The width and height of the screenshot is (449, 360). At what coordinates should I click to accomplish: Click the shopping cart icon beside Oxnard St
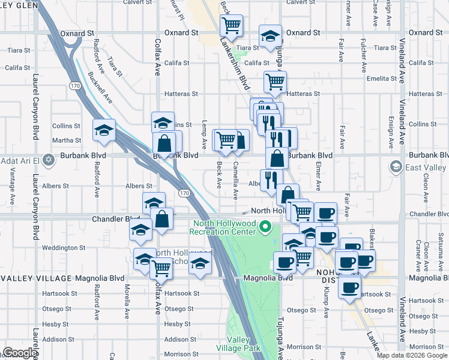231,25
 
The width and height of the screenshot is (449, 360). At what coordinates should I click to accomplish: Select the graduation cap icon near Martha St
104,130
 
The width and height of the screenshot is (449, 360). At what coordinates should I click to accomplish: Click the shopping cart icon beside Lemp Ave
226,140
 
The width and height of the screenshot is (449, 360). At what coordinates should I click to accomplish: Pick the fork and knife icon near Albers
272,179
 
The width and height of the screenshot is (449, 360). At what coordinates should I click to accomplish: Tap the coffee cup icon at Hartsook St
349,287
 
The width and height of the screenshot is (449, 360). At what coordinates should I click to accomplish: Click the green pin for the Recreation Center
268,227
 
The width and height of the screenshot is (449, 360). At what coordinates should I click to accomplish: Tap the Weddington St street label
64,247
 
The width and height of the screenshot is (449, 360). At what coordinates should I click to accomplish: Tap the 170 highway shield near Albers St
185,193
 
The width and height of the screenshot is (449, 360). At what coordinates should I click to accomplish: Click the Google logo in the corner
20,353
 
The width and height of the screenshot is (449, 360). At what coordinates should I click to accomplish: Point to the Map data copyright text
412,355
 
